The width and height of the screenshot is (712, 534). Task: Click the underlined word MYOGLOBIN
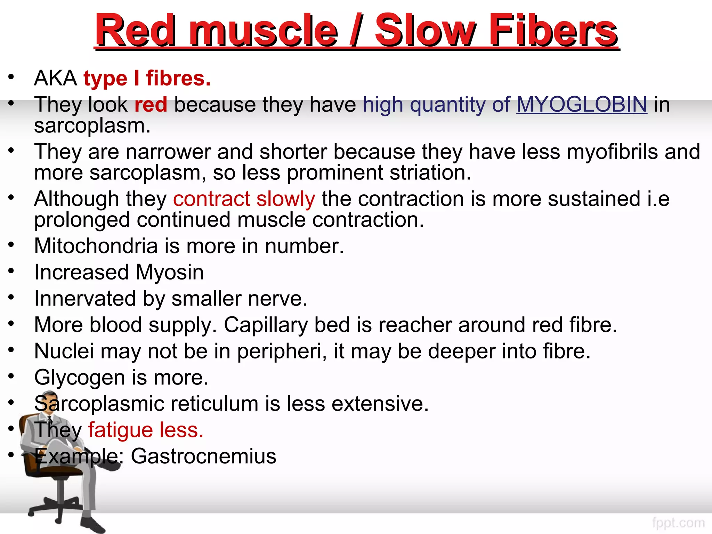pos(581,104)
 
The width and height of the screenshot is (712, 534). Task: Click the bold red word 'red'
pos(151,104)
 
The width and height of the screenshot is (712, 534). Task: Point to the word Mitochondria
pos(96,246)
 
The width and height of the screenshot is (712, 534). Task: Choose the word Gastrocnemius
pos(203,456)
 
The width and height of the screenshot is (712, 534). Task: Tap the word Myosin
pos(170,272)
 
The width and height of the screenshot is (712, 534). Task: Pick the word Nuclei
pos(64,351)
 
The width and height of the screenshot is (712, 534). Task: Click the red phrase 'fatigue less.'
pos(146,430)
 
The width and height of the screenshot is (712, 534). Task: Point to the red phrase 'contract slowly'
pos(244,199)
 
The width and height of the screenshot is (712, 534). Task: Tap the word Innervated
pos(85,299)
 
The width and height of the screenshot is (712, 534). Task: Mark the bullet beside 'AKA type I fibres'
pos(11,77)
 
